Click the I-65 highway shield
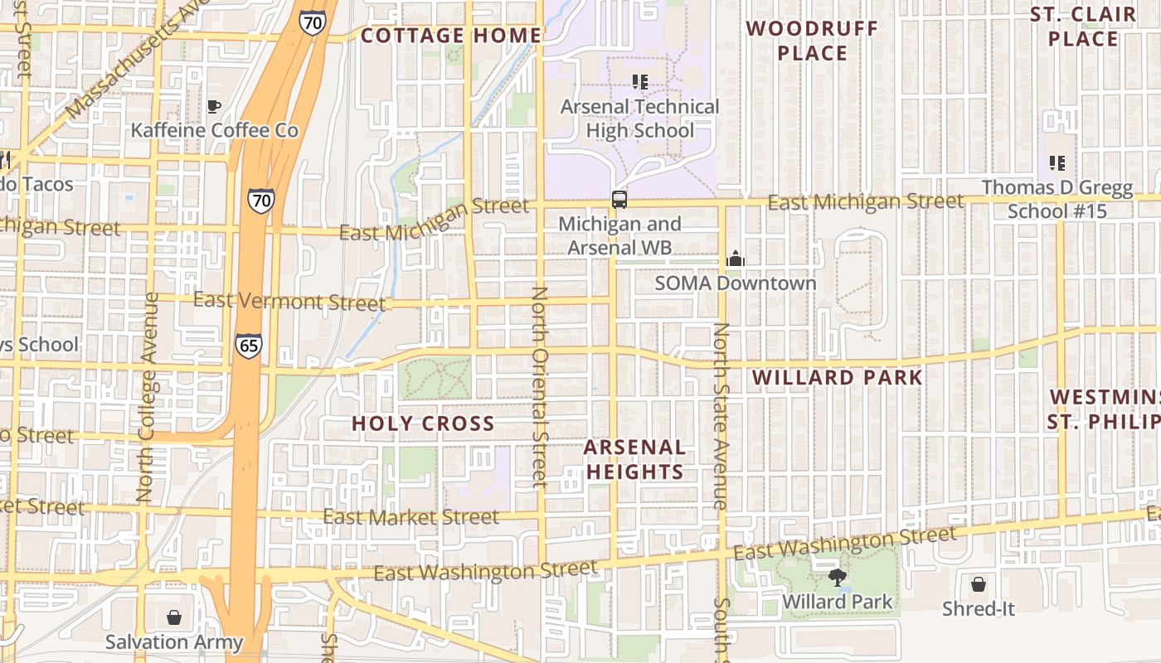click(x=248, y=345)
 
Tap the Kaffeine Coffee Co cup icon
click(x=214, y=106)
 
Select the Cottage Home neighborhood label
click(x=451, y=36)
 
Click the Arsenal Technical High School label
click(x=639, y=119)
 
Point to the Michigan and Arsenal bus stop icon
click(x=619, y=199)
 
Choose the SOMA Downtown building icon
click(x=735, y=259)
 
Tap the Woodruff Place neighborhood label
click(x=812, y=41)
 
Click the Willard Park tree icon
click(x=837, y=578)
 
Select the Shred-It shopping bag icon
click(x=979, y=584)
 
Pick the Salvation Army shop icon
click(x=174, y=617)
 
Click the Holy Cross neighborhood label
click(x=423, y=423)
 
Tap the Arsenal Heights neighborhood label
click(x=634, y=460)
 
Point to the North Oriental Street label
click(x=540, y=386)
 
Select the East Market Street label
click(x=410, y=517)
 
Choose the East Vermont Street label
click(x=289, y=301)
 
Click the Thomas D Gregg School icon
click(x=1057, y=162)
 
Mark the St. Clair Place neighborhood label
click(x=1083, y=27)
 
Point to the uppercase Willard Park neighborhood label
click(x=837, y=378)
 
